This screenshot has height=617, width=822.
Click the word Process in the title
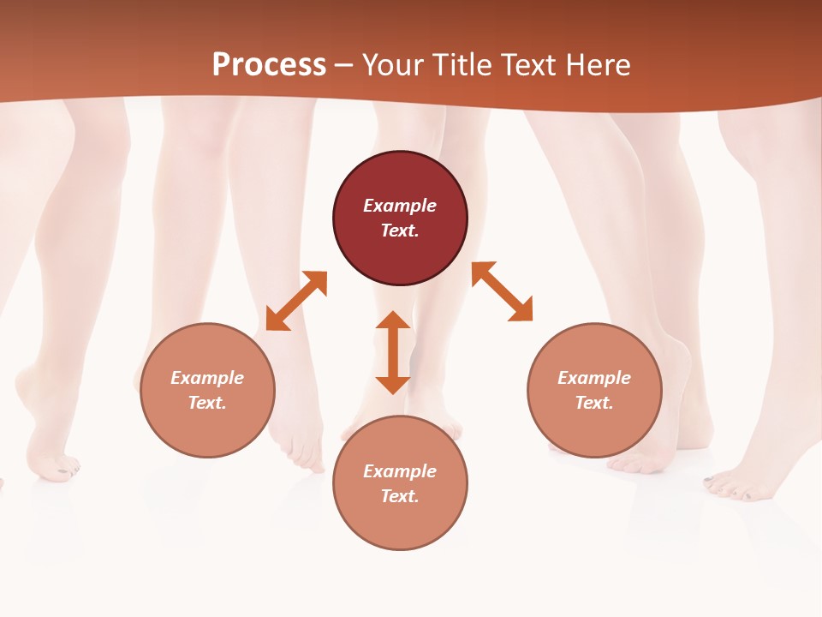click(x=269, y=65)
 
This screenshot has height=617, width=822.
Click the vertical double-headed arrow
click(x=393, y=352)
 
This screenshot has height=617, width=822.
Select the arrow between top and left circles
click(x=296, y=301)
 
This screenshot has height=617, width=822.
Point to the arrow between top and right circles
click(x=502, y=291)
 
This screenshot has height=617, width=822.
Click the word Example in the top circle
click(x=400, y=206)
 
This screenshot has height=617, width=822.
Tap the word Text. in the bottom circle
click(x=400, y=496)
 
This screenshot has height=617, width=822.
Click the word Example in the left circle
click(x=207, y=378)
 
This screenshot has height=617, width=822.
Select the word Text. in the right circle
click(x=594, y=403)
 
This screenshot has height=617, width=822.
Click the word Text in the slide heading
click(x=527, y=65)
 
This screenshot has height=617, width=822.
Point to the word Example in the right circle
click(x=594, y=378)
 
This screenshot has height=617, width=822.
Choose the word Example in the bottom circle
click(x=400, y=471)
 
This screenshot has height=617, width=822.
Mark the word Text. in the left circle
click(x=207, y=403)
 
